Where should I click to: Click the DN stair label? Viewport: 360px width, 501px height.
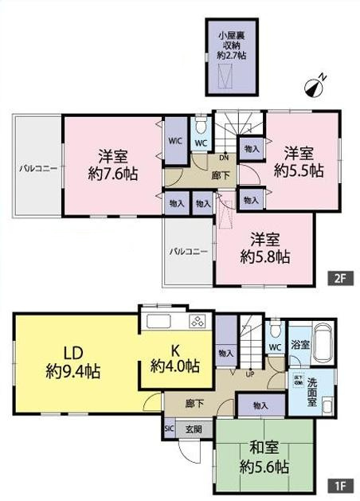click(x=225, y=158)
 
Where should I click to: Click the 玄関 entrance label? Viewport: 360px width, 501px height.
click(x=194, y=429)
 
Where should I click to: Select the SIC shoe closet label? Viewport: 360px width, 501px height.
click(x=169, y=429)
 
